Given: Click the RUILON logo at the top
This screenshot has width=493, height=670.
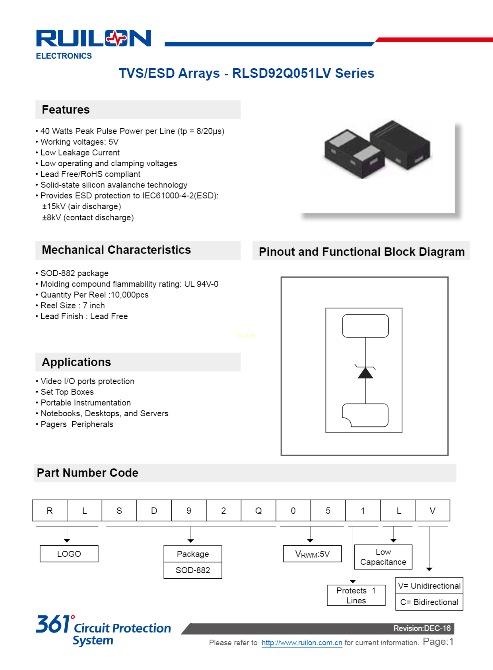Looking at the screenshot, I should tap(94, 39).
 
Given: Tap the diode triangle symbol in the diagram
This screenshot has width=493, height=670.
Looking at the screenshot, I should tap(365, 373).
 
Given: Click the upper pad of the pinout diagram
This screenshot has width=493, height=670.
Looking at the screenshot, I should tap(365, 326).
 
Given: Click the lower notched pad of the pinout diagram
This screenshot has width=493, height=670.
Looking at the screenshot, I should tap(365, 415).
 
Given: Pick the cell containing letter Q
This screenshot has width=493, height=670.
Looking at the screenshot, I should tap(258, 511).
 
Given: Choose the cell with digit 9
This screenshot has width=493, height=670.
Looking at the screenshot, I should tap(189, 511).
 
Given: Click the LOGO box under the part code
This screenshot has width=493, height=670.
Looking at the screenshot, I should tap(69, 554).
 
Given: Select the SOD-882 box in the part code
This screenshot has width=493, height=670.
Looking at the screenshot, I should tap(193, 570).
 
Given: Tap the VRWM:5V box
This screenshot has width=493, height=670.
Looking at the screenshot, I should tap(312, 554).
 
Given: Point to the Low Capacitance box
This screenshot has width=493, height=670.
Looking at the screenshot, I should tap(383, 557).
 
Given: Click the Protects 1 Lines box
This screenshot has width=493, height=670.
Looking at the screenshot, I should tap(356, 595).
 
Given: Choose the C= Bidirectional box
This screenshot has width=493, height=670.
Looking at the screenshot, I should tap(429, 602).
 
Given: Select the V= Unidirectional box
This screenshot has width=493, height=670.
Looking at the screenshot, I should tap(429, 586).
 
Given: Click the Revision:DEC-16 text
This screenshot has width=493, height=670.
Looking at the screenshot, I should tap(422, 628).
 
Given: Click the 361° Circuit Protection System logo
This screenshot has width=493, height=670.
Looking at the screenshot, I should tap(103, 630).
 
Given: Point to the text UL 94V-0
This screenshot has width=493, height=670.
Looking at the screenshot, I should tap(201, 284).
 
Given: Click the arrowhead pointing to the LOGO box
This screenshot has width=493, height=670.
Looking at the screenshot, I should tap(67, 540).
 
